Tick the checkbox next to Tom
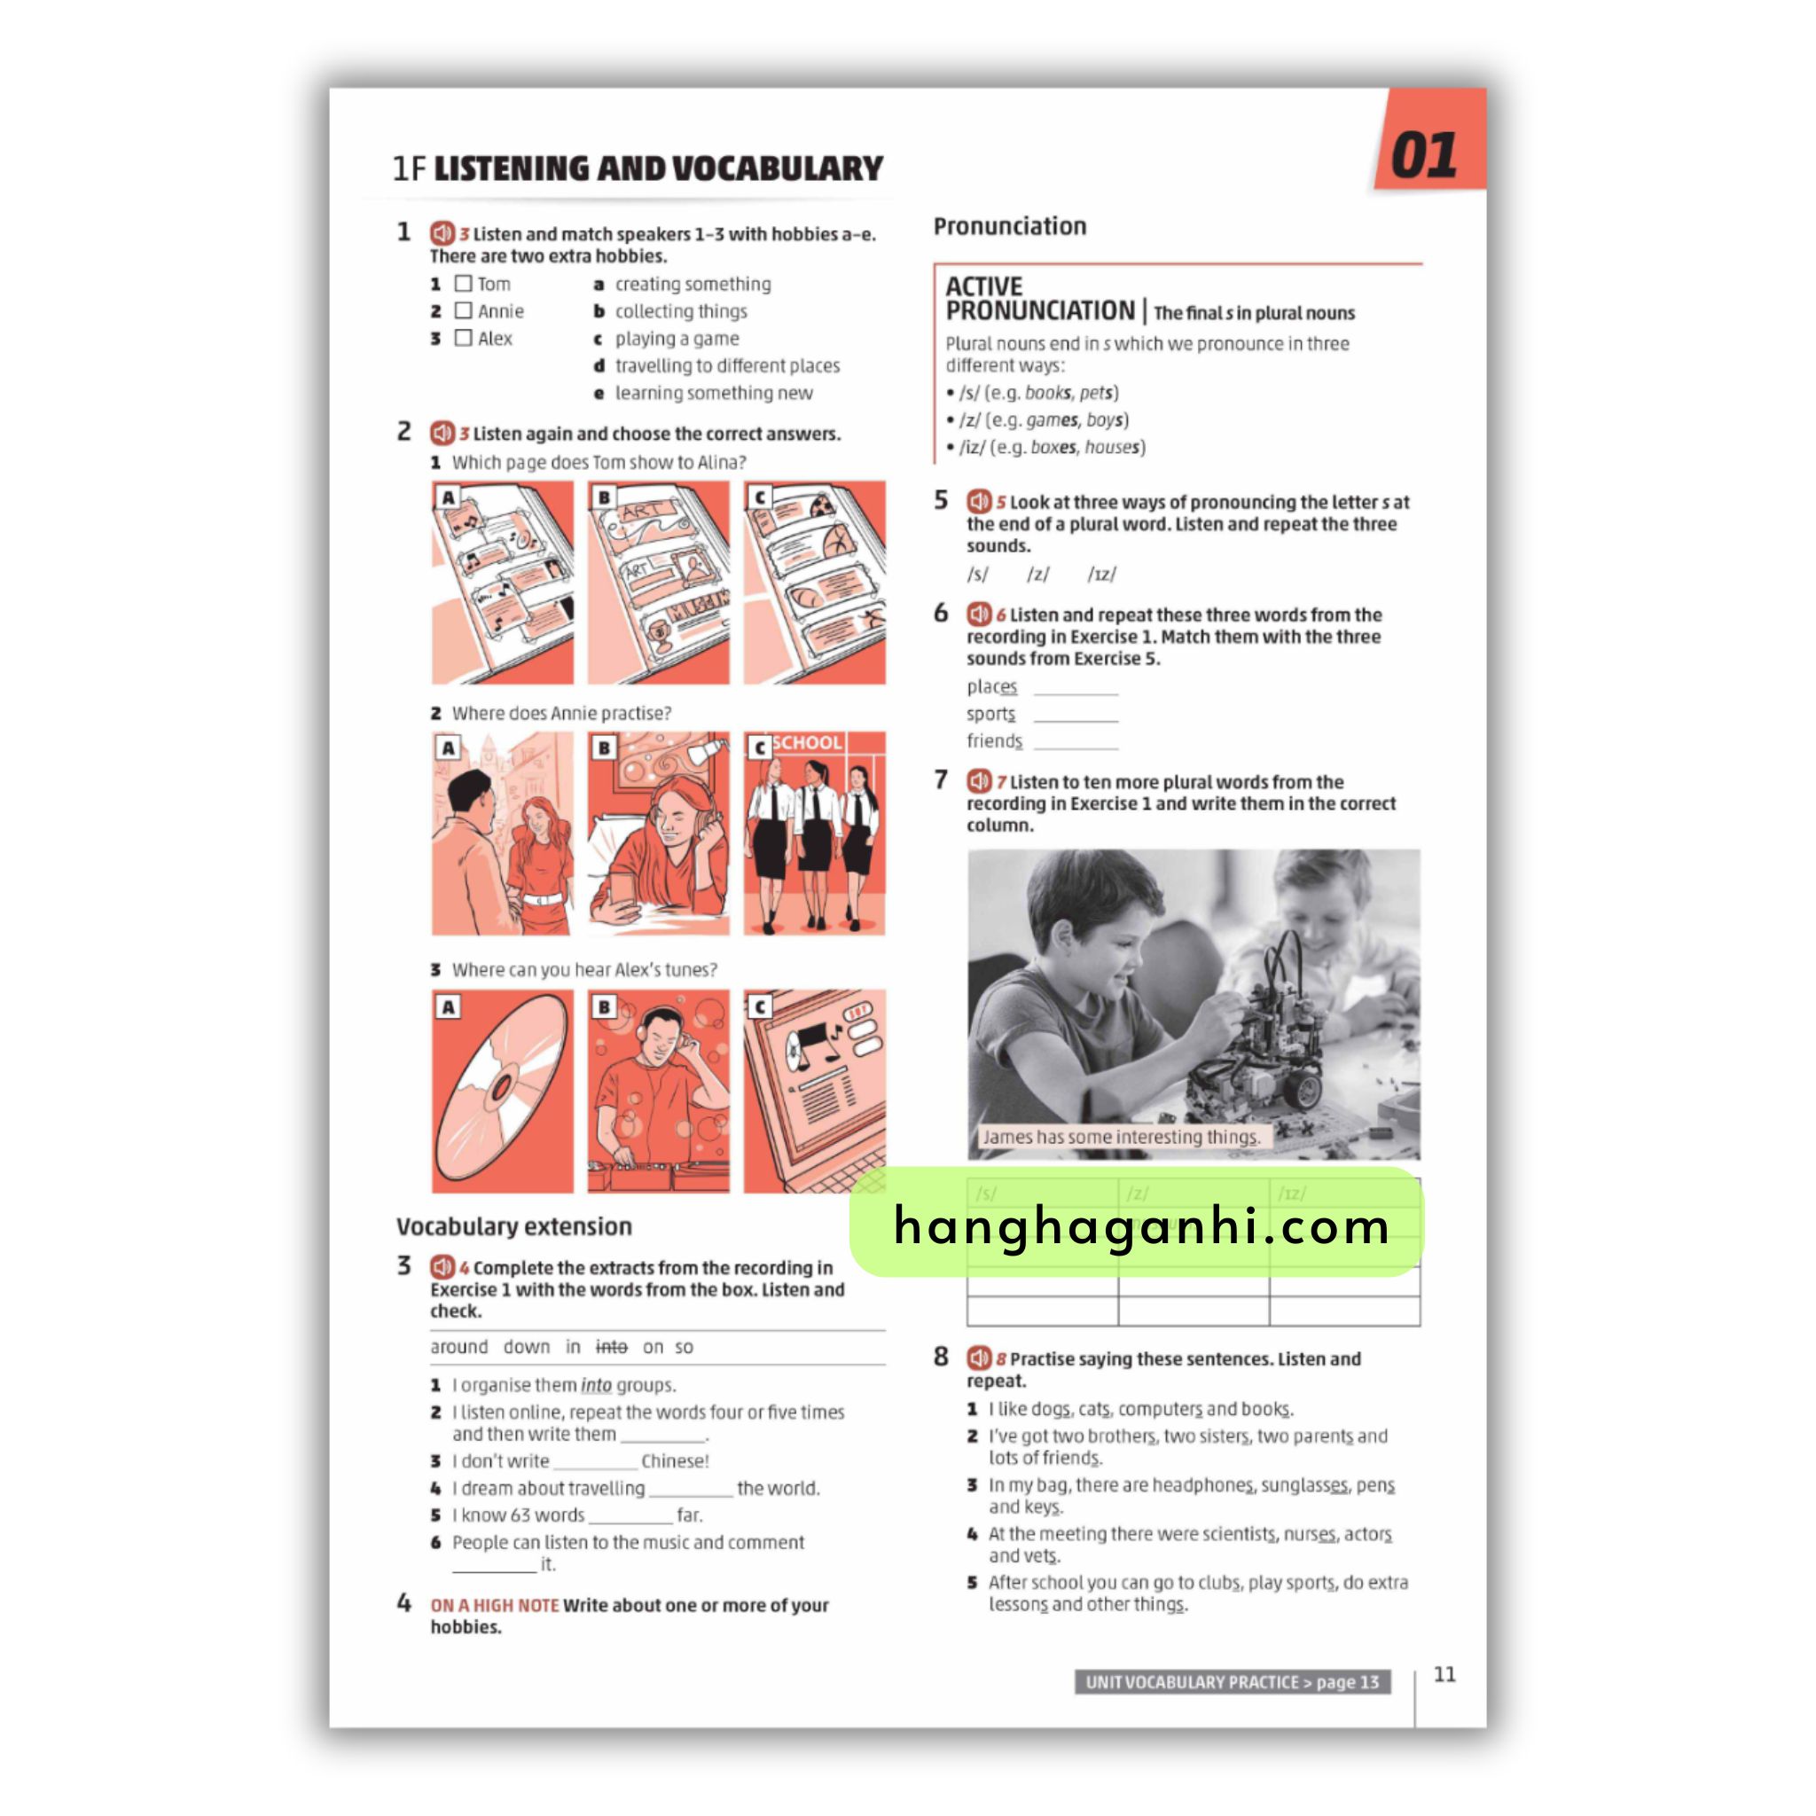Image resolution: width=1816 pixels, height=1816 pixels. tap(464, 283)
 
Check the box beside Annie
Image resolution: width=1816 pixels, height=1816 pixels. tap(464, 310)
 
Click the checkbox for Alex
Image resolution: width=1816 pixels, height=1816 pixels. tap(464, 338)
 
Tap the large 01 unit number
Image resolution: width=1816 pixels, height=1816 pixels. tap(1424, 155)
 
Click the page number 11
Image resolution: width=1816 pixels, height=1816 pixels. tap(1444, 1674)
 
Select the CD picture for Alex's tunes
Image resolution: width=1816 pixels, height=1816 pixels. tap(503, 1091)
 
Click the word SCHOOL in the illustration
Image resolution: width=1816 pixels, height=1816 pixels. tap(808, 742)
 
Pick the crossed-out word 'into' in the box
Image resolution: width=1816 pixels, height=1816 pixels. tap(611, 1347)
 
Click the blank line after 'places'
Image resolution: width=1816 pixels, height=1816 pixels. tap(1076, 693)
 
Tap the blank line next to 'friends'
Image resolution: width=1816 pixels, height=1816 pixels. tap(1076, 748)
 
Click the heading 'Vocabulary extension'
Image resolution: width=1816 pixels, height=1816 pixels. tap(514, 1226)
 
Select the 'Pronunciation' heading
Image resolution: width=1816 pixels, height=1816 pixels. tap(1009, 226)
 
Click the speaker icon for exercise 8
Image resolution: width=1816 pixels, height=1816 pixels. tap(979, 1358)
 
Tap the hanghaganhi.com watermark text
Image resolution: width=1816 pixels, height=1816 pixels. tap(1141, 1226)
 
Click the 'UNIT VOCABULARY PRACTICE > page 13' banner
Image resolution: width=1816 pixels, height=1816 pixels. tap(1233, 1681)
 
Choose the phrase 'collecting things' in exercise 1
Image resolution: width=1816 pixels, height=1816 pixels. tap(680, 311)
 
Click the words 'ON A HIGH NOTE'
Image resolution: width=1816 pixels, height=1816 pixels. tap(495, 1606)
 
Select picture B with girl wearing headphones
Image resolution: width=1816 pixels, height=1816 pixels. tap(658, 834)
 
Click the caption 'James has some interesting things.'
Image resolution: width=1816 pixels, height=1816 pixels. tap(1122, 1137)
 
